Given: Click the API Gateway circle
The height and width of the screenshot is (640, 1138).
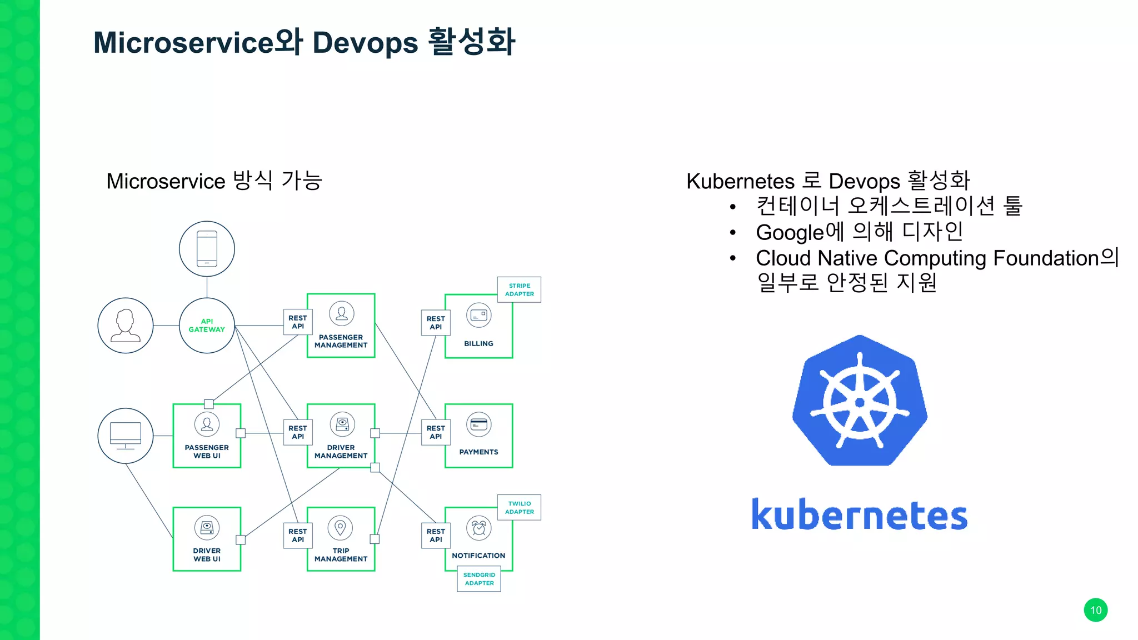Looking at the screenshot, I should coord(207,326).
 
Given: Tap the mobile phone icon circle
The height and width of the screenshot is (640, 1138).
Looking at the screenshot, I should coord(207,249).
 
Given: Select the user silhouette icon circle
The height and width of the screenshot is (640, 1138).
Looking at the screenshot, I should coord(126,326).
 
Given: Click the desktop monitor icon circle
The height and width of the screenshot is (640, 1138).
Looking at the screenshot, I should coord(126,436).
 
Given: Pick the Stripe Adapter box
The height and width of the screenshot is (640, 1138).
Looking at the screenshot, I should coord(519,289).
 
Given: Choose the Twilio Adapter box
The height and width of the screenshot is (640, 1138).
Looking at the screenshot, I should coord(519,507).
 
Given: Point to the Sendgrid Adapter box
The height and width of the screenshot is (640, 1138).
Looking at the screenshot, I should coord(479,579).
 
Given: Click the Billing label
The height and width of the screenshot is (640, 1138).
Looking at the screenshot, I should coord(478,344).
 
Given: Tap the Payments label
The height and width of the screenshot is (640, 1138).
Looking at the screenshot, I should coord(478,452).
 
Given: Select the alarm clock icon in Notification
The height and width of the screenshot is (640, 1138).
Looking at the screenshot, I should coord(479,528).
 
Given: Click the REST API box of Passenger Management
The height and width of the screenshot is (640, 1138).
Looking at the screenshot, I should coord(298,322).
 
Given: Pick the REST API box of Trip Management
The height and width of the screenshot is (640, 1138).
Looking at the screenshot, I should coord(298,536).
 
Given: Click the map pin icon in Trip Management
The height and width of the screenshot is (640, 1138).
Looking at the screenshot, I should coord(341,527).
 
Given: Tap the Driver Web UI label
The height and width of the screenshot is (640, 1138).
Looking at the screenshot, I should coord(207,555).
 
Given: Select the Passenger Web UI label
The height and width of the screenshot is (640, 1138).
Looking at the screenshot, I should coord(207,452).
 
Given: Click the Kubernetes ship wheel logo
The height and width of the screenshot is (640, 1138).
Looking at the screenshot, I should coord(860,401).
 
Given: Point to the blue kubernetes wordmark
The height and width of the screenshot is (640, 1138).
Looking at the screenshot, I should coord(859,514).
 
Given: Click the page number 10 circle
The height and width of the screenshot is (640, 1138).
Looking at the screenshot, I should coord(1095,610).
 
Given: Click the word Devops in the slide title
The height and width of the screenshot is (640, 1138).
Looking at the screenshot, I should coord(365,43).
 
